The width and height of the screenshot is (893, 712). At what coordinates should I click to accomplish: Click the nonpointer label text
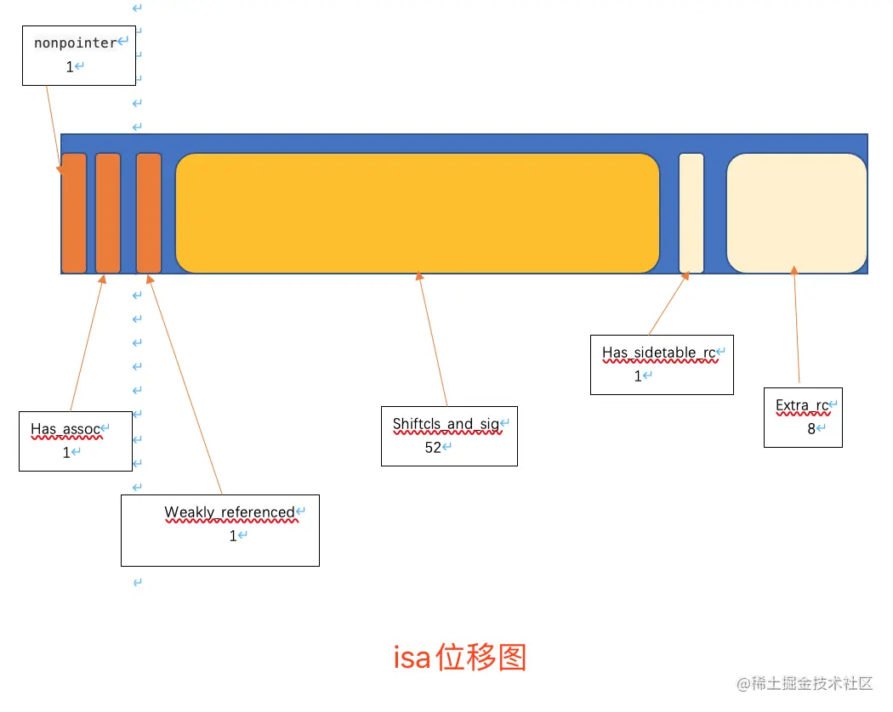75,42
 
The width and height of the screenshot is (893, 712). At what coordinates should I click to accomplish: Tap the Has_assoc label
65,429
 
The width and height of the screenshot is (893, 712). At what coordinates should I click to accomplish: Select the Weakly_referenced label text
229,512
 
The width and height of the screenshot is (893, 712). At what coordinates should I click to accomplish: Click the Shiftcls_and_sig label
446,424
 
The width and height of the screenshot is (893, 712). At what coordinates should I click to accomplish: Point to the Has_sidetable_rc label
659,353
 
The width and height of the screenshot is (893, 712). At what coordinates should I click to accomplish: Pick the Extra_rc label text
801,405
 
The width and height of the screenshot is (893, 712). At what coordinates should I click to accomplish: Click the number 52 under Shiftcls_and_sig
433,447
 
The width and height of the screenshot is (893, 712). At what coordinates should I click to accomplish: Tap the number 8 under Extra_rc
811,428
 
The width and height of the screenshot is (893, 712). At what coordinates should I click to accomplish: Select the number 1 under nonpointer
70,66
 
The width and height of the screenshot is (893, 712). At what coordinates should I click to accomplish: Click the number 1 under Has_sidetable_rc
638,376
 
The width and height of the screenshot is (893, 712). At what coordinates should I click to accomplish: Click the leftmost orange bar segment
74,213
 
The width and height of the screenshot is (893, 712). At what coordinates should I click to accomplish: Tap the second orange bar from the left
108,213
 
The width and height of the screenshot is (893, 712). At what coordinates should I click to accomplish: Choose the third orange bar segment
149,213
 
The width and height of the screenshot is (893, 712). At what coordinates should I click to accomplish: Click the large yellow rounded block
417,213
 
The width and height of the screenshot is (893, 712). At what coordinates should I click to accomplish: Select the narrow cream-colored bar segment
691,213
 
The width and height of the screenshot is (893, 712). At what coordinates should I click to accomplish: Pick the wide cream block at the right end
796,213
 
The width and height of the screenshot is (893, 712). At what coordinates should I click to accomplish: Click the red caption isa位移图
460,658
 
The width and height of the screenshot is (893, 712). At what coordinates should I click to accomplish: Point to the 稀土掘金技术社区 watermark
806,683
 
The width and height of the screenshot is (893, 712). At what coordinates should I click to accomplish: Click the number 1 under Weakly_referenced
233,536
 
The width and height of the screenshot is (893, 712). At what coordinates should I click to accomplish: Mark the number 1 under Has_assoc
66,453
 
